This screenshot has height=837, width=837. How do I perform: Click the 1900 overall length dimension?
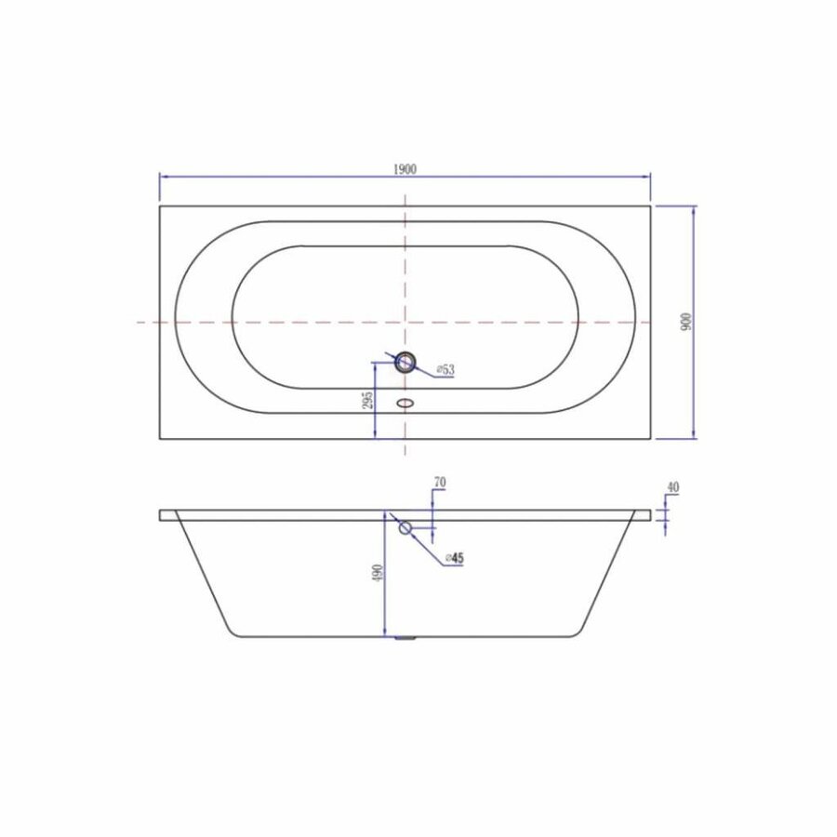click(x=405, y=168)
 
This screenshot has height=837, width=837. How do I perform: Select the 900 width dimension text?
click(x=686, y=322)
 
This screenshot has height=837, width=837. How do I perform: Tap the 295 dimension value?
click(x=367, y=400)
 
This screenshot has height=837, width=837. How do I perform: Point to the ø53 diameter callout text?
click(x=445, y=370)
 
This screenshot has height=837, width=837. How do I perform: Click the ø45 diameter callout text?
click(x=454, y=558)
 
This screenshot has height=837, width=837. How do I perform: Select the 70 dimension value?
click(x=440, y=483)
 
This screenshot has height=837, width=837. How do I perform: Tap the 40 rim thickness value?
click(x=672, y=486)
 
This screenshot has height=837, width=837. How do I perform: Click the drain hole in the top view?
click(x=405, y=362)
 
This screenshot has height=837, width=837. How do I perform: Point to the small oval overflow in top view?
click(x=405, y=404)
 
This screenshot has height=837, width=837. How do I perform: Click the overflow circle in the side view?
click(x=405, y=528)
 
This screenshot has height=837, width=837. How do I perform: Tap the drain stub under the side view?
click(x=405, y=639)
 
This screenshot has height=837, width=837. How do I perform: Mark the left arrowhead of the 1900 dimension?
click(x=164, y=174)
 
